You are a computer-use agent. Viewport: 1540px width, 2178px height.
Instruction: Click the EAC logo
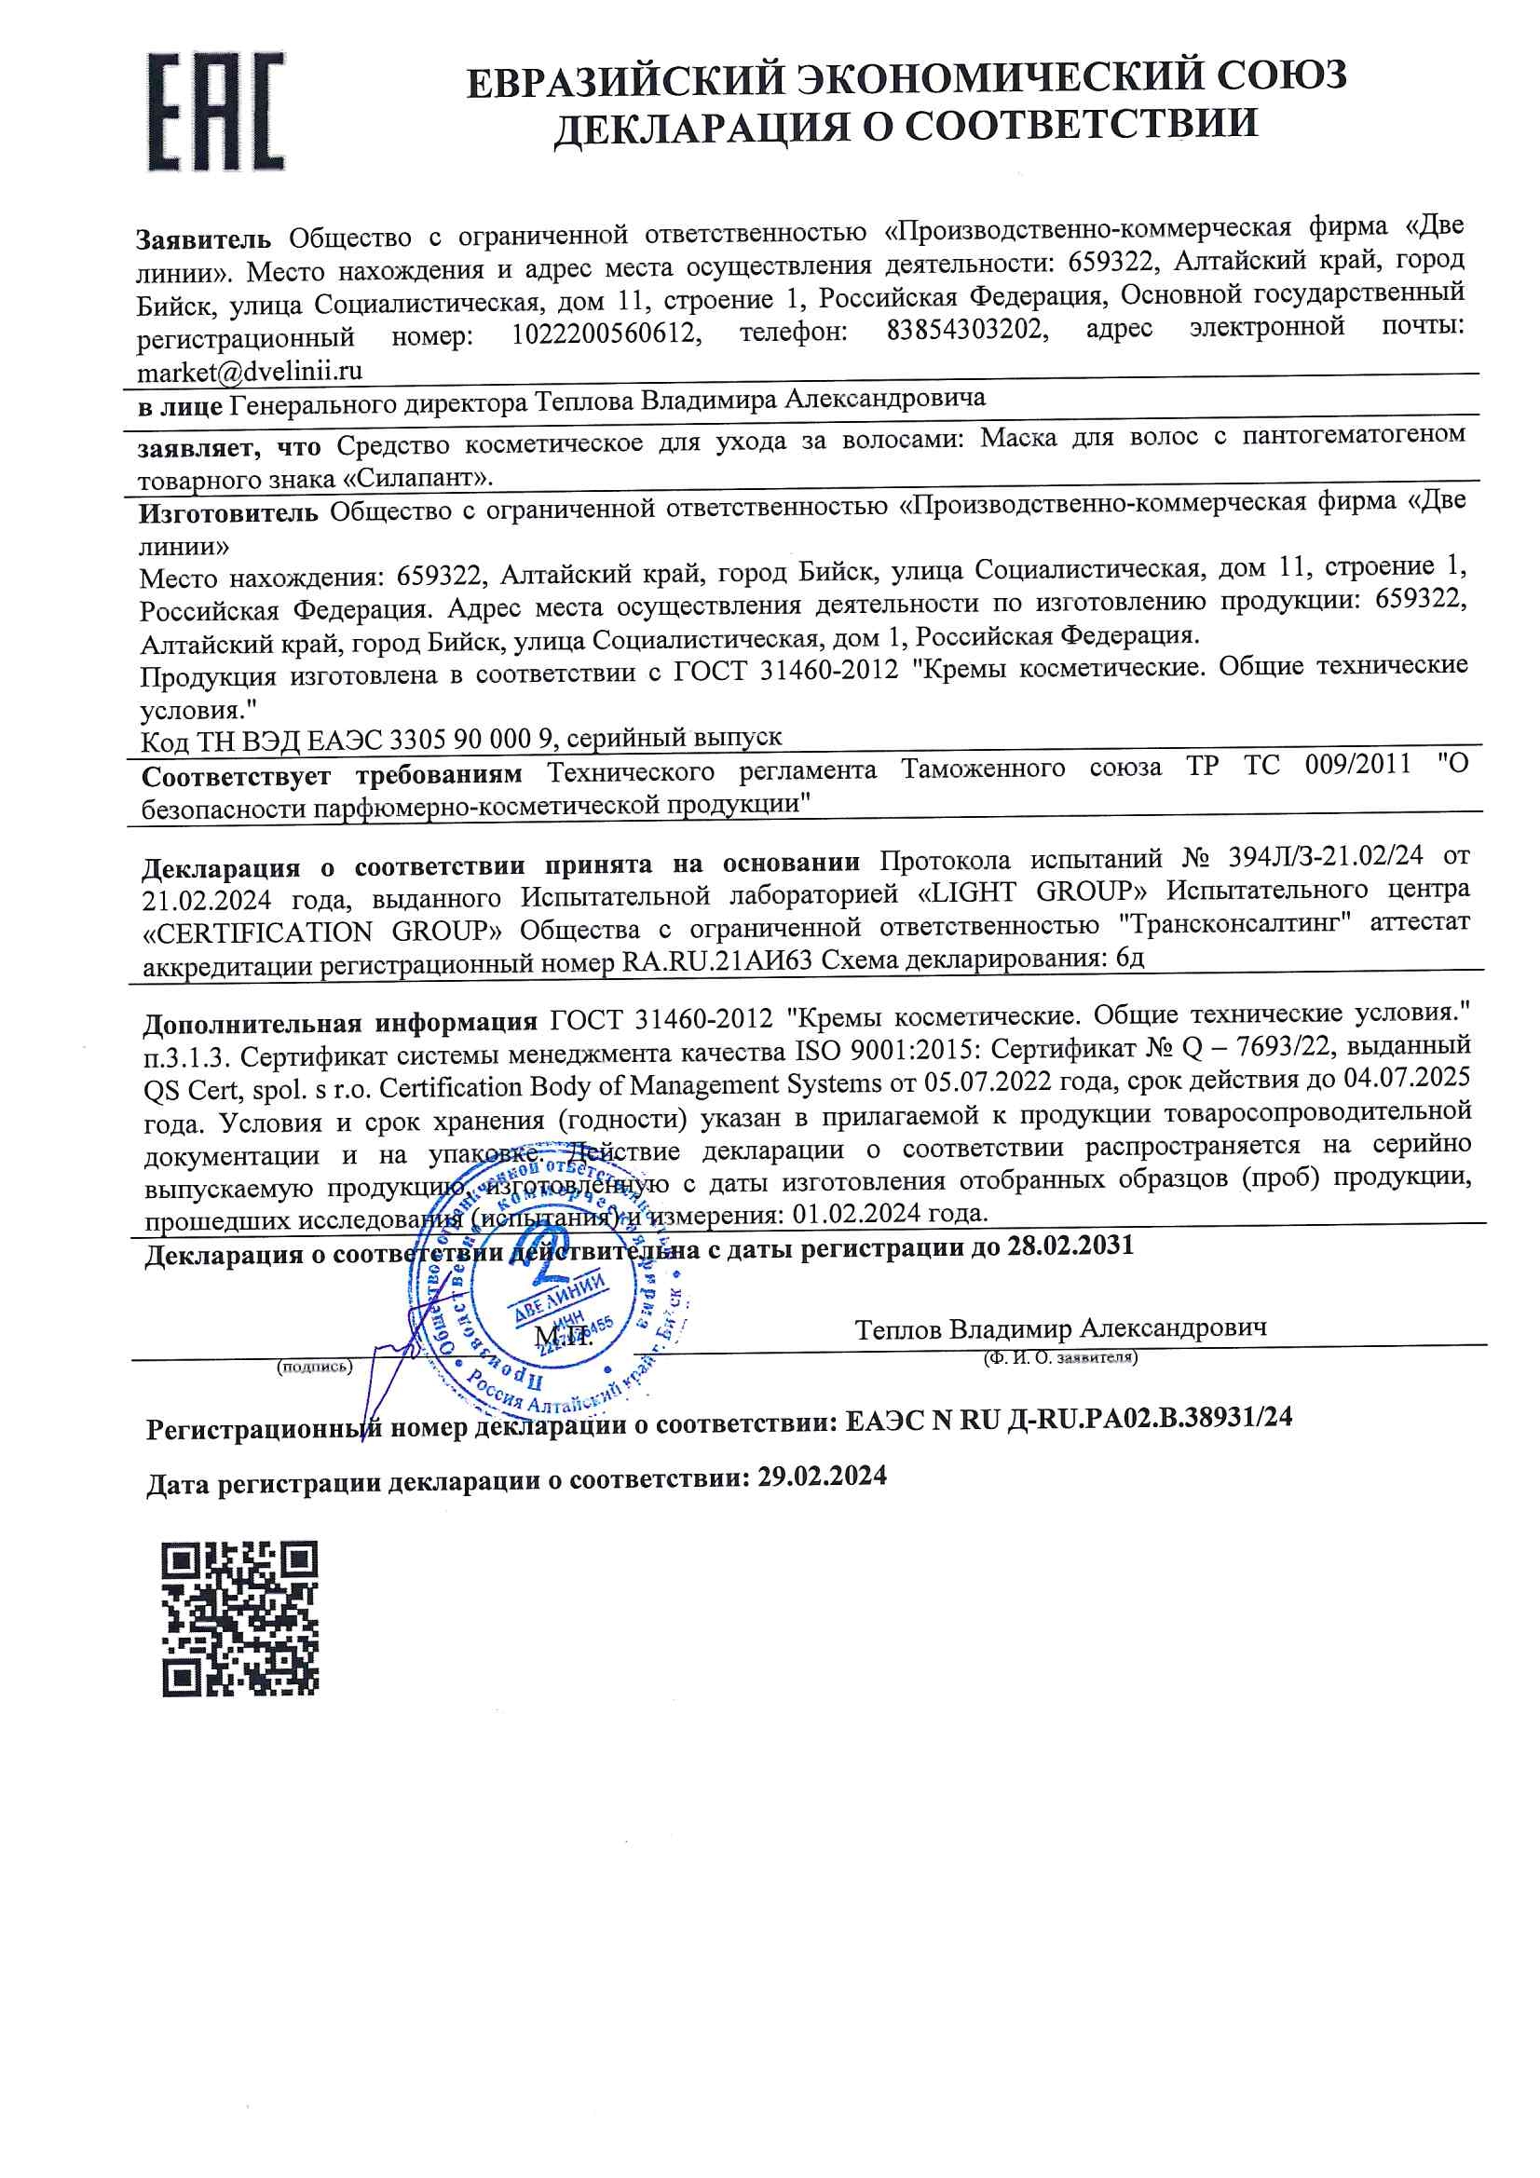pos(215,113)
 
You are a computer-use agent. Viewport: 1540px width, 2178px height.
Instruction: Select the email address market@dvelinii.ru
pos(250,371)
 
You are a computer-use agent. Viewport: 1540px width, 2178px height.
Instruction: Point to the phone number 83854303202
pos(967,330)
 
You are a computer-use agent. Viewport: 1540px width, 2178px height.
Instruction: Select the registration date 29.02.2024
pos(822,1475)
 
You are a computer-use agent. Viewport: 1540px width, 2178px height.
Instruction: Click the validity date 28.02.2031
pos(1070,1246)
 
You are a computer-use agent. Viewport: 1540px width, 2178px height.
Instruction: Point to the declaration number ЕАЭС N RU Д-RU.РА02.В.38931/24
pos(1068,1418)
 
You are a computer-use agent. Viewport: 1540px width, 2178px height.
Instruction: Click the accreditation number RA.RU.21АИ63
pos(716,961)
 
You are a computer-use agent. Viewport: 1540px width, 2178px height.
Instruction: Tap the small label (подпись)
pos(314,1367)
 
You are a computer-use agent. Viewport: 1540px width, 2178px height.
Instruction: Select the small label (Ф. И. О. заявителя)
pos(1061,1357)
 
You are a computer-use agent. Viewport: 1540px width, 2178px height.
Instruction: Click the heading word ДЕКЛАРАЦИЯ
pos(698,128)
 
